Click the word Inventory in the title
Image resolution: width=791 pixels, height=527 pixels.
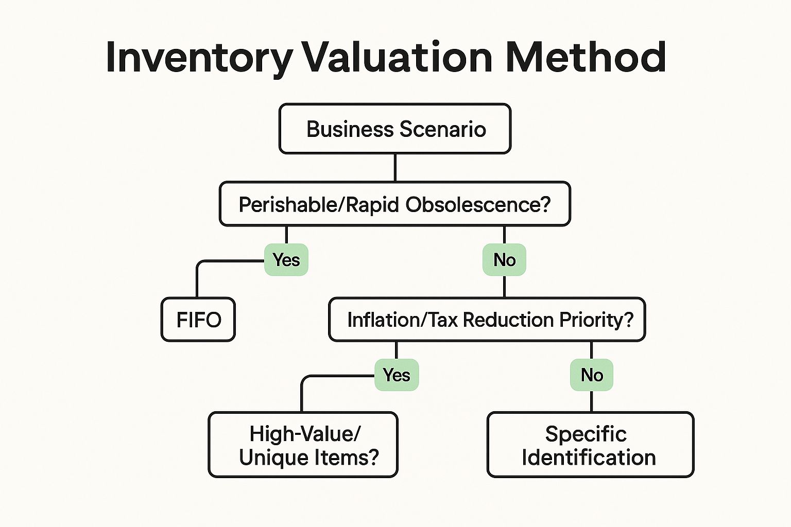(199, 58)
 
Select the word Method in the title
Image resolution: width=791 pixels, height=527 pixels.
(586, 57)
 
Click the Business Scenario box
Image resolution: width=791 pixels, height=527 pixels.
(395, 129)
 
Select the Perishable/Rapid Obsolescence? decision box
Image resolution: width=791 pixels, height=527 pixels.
(395, 204)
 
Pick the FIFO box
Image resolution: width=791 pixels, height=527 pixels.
(198, 320)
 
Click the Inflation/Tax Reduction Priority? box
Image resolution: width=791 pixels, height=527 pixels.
(487, 320)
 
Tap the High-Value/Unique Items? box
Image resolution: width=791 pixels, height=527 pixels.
(303, 445)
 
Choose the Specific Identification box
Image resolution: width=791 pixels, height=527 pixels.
(591, 445)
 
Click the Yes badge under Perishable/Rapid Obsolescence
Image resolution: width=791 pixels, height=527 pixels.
(286, 260)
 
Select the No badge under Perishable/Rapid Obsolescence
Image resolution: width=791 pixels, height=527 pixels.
(504, 260)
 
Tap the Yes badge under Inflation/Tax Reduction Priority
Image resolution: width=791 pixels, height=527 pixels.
(397, 375)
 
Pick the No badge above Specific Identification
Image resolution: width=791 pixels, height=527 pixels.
(592, 375)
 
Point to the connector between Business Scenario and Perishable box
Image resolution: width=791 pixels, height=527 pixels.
(395, 168)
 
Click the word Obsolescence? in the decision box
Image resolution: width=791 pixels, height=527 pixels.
(478, 204)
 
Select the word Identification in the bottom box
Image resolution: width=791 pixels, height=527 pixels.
(589, 458)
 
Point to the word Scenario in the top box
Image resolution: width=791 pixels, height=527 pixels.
(443, 129)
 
